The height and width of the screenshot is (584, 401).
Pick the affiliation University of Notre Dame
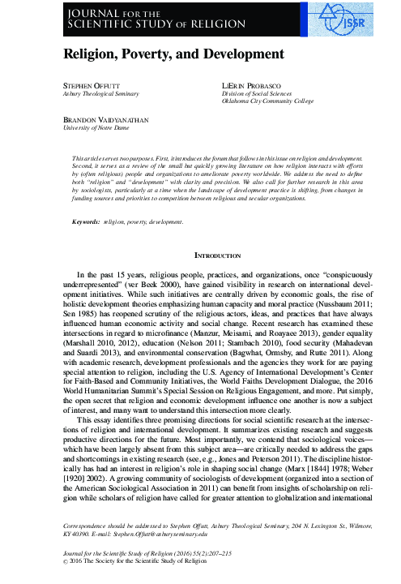point(91,127)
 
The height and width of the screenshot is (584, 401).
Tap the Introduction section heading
point(200,255)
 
